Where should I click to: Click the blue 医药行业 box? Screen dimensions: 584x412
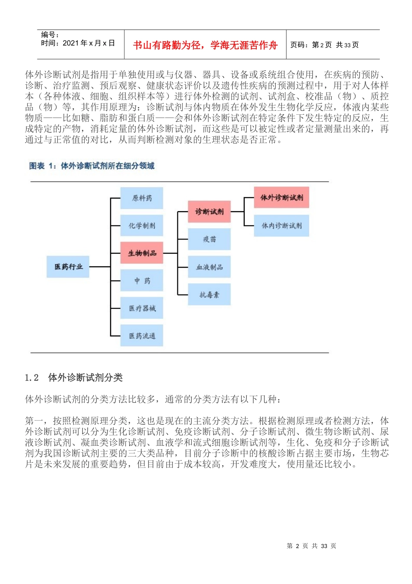point(68,267)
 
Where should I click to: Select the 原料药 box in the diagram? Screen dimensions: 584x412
point(142,198)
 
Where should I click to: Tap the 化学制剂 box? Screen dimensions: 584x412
point(142,226)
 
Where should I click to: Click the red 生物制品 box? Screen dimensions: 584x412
point(142,253)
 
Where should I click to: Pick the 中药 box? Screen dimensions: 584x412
point(142,281)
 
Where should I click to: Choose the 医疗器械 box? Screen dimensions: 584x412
point(142,308)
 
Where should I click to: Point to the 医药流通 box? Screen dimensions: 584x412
point(142,335)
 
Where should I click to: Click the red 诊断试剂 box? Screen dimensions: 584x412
point(209,212)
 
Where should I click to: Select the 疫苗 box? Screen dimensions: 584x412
point(209,239)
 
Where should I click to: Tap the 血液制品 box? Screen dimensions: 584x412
point(209,267)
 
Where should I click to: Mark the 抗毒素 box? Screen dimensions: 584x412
point(209,295)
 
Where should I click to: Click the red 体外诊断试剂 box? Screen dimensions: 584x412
point(281,198)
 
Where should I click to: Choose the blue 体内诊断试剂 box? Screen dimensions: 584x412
point(281,226)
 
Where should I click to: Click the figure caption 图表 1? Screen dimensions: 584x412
point(92,166)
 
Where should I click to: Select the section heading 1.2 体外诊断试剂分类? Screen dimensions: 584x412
point(74,378)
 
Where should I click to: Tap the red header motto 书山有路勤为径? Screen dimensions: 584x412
point(205,45)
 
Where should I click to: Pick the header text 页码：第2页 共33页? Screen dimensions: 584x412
point(324,45)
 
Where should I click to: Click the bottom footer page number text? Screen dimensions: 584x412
point(311,546)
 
